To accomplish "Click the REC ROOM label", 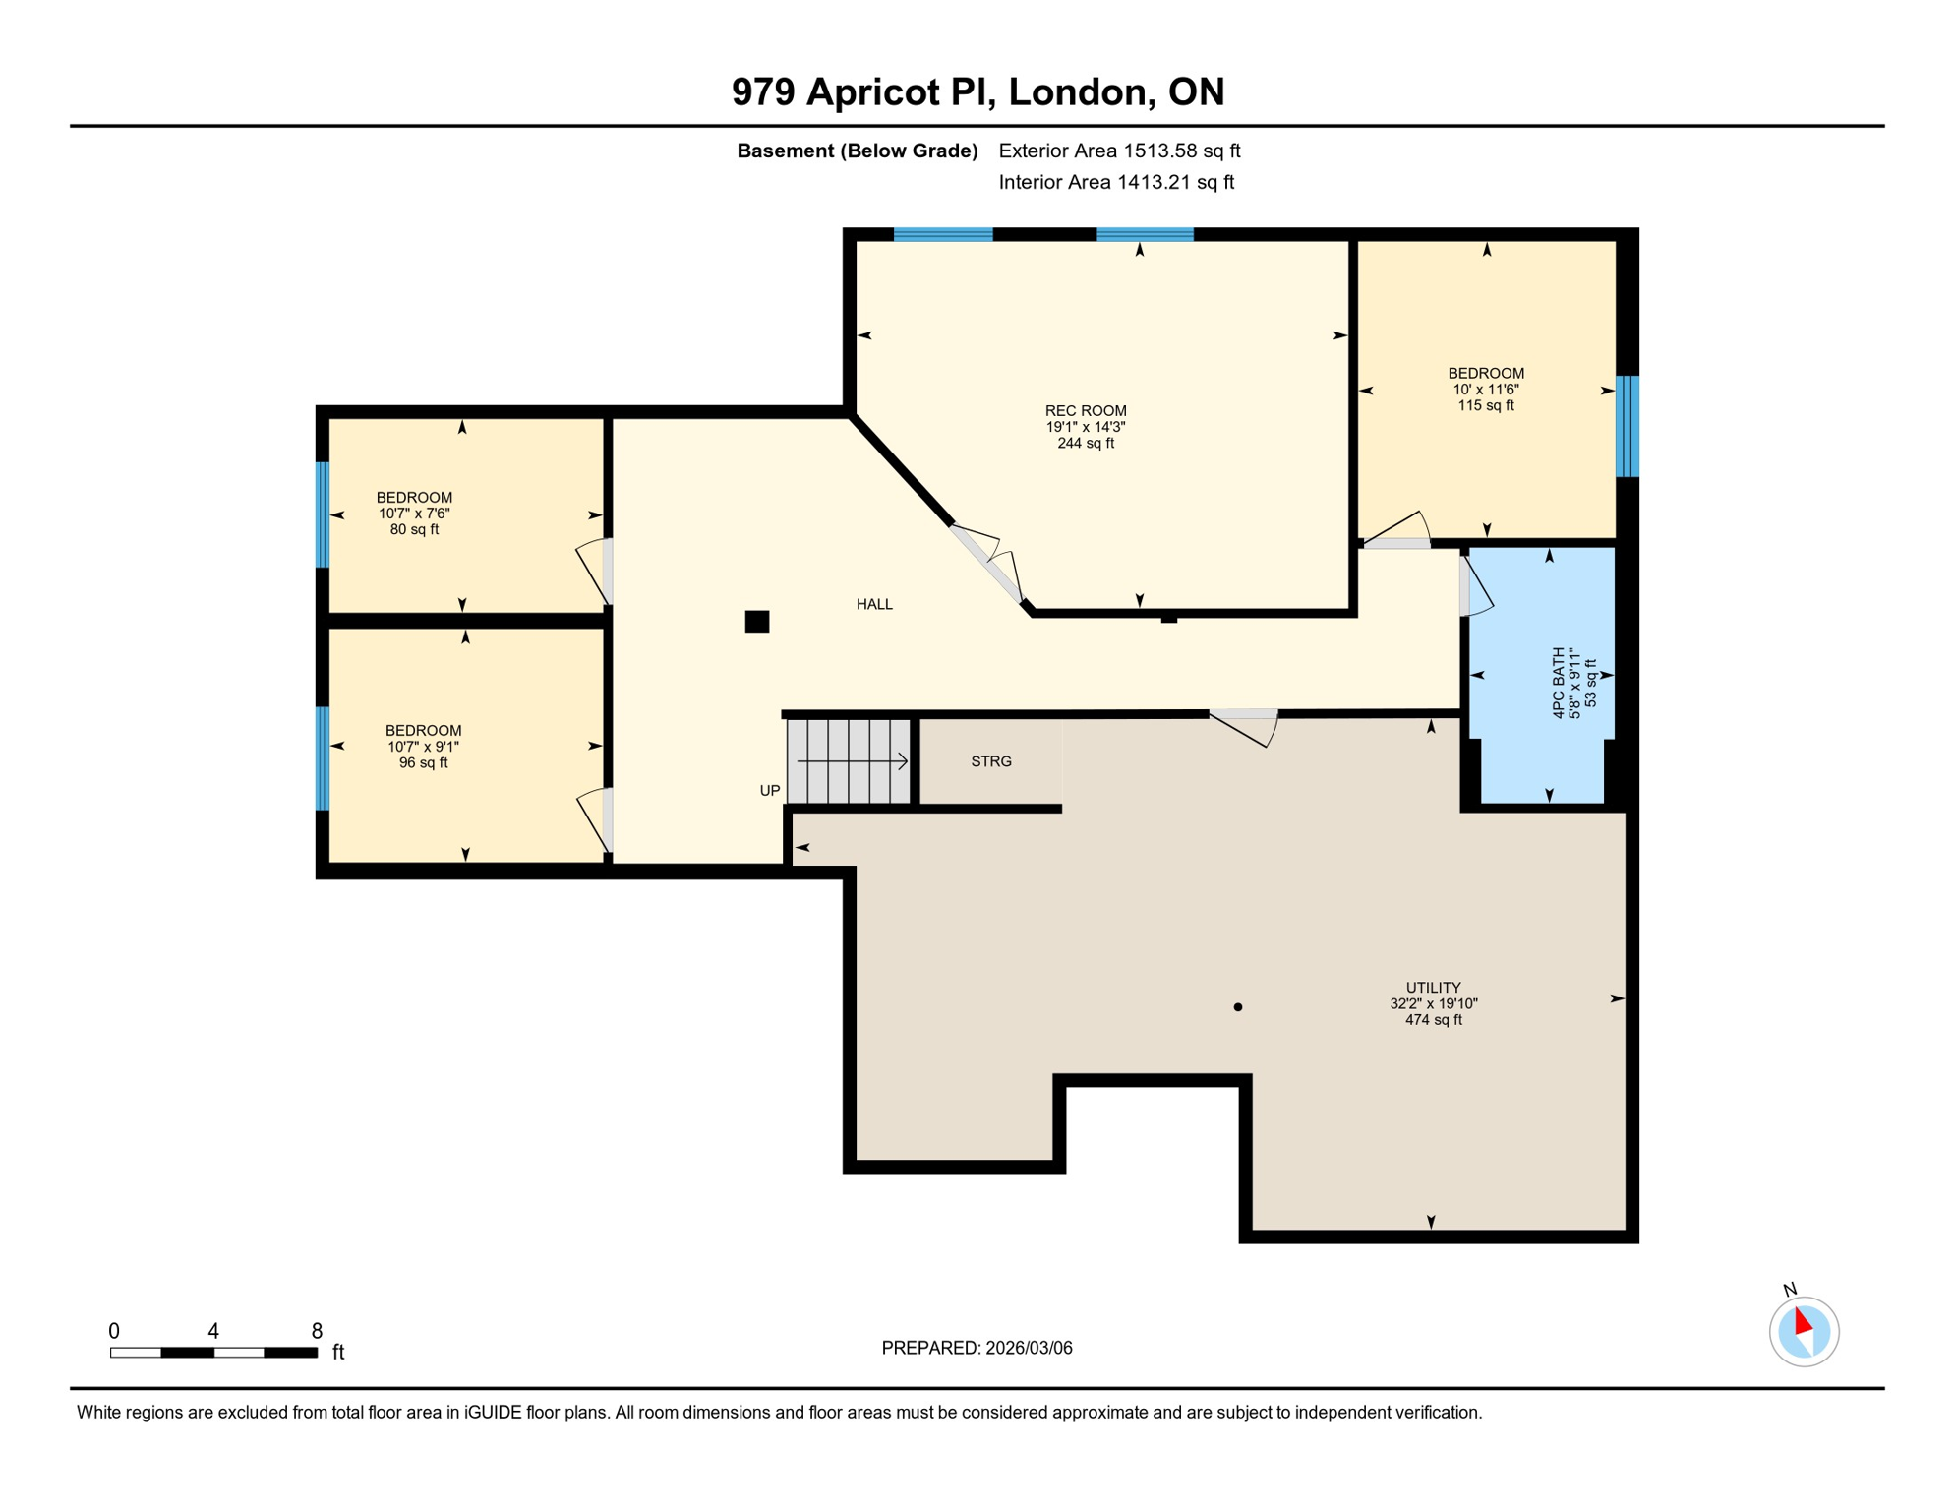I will [1085, 411].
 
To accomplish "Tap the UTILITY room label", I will [1433, 988].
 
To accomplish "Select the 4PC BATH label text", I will [1558, 682].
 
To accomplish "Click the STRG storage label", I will [990, 761].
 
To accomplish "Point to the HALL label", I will [874, 605].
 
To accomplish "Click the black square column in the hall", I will [756, 621].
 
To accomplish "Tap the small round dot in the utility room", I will [1237, 1007].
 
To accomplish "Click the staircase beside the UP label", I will [848, 761].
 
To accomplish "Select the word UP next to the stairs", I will [769, 791].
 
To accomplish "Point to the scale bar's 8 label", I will [317, 1331].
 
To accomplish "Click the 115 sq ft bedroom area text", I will [1485, 405].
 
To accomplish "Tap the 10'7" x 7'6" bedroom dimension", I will [414, 514].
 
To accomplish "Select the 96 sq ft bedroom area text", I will [423, 763].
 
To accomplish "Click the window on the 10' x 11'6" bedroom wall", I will [1628, 426].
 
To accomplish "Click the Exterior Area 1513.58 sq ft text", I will [1118, 151].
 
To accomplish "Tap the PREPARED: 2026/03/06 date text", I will [977, 1348].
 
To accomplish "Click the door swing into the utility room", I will [1245, 728].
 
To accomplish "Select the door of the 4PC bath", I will [1474, 587].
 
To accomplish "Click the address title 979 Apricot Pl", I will [977, 91].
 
